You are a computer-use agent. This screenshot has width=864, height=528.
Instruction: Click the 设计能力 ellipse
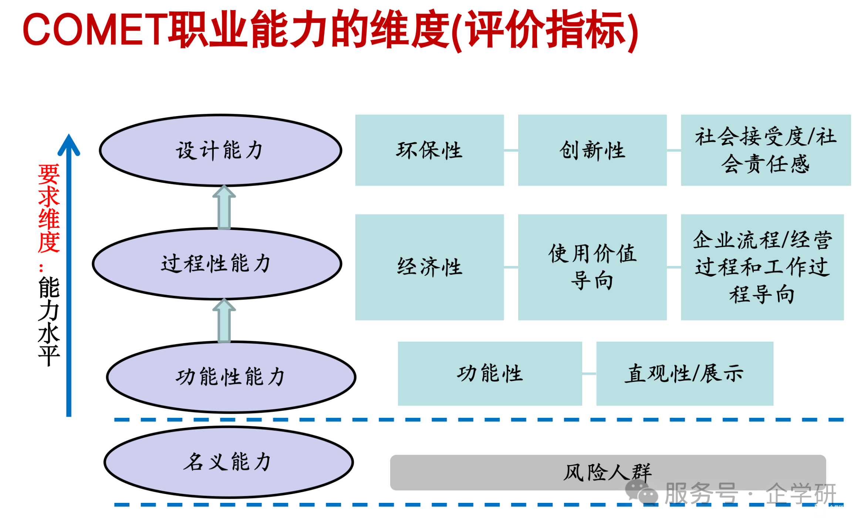coord(220,150)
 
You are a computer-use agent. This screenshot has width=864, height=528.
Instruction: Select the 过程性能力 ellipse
coord(217,263)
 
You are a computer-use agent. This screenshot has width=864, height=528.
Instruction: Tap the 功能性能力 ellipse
coord(231,377)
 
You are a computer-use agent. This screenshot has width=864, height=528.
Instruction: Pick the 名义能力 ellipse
coord(229,462)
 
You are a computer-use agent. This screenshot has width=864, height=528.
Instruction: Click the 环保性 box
coord(429,150)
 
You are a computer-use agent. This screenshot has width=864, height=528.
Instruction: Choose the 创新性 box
coord(592,150)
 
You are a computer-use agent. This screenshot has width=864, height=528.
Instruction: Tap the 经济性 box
coord(429,267)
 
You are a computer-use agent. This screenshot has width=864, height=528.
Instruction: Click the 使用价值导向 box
coord(592,267)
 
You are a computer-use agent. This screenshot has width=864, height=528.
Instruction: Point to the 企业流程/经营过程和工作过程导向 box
coord(762,267)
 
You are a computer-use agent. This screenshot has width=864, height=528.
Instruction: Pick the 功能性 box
coord(489,373)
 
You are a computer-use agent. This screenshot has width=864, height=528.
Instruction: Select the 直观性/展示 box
coord(684,373)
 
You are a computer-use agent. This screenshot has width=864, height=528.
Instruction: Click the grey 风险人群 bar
coord(518,472)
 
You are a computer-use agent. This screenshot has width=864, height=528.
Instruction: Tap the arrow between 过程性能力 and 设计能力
coord(224,208)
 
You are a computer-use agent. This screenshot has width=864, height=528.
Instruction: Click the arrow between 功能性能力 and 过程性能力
coord(224,321)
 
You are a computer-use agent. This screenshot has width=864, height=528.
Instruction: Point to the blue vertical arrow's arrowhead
coord(69,145)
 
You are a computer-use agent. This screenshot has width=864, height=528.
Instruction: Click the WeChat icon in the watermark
coord(641,493)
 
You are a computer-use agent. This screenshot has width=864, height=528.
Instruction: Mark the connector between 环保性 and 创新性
coord(511,150)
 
